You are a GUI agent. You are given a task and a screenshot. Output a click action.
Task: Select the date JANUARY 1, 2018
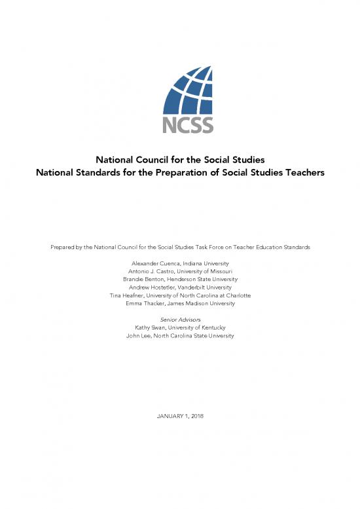(x=179, y=417)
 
